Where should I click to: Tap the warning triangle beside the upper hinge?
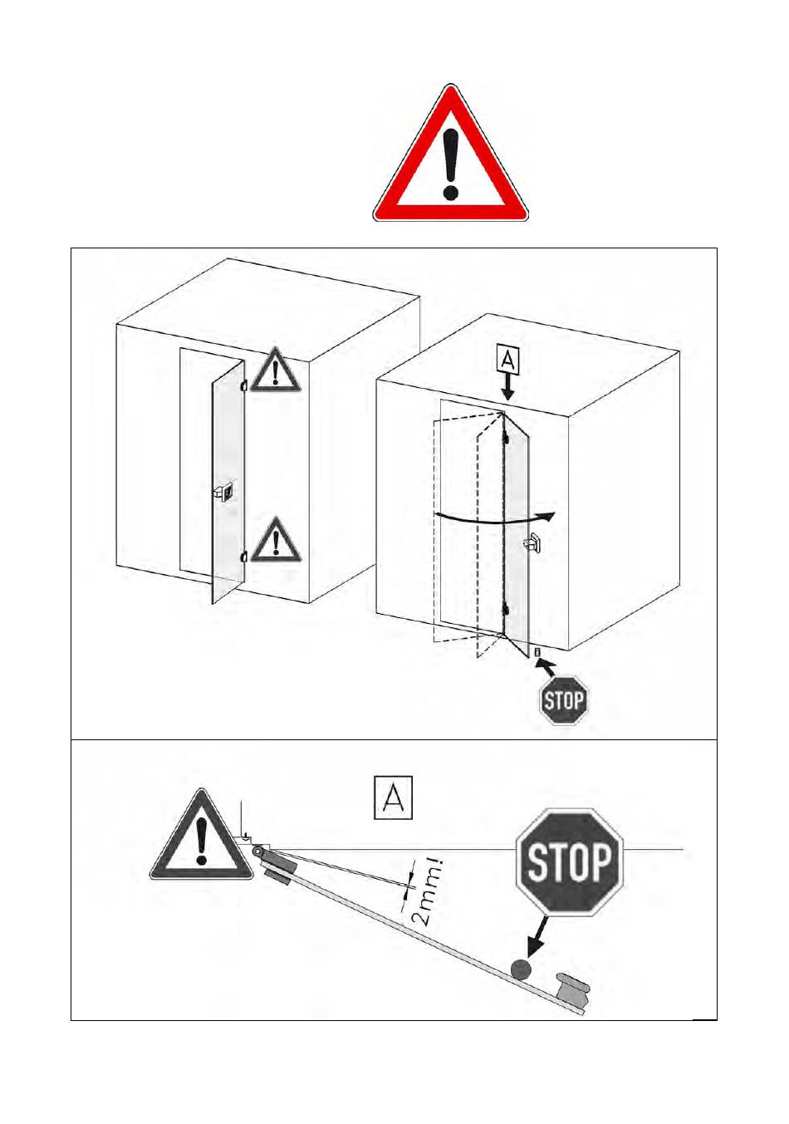point(276,371)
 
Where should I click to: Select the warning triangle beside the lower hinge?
point(276,542)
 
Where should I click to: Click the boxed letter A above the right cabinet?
point(507,360)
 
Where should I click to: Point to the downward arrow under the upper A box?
point(508,387)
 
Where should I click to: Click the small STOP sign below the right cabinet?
point(563,700)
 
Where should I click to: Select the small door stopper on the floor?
point(537,653)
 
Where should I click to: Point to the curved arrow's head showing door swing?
point(551,517)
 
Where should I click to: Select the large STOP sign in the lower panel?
point(570,862)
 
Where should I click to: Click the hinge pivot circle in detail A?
point(257,851)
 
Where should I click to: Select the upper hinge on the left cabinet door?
point(244,385)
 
